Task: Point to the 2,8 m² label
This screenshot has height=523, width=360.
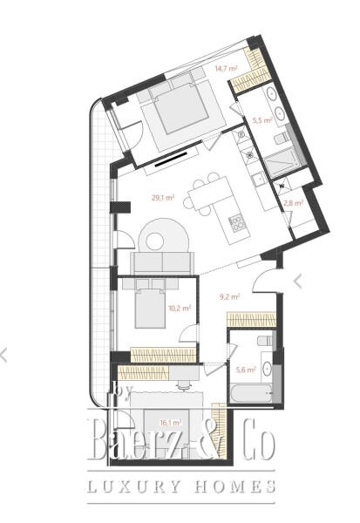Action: click(x=293, y=203)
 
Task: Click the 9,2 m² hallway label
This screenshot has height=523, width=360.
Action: click(x=229, y=296)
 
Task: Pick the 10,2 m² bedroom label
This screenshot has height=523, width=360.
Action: click(x=155, y=307)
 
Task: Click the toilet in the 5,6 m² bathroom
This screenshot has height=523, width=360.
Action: click(x=264, y=343)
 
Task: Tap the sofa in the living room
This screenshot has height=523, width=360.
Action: click(x=162, y=261)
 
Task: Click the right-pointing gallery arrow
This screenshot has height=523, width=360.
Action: click(x=299, y=281)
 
